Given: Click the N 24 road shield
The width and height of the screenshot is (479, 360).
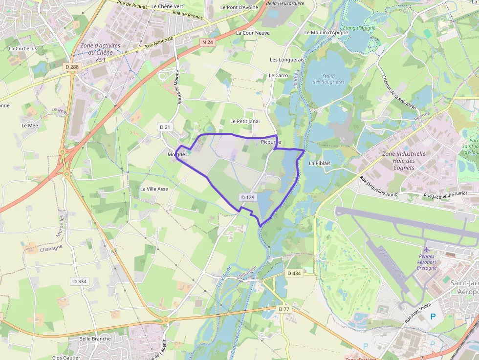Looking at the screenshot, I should (x=207, y=42).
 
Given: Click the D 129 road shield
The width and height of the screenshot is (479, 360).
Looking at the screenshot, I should (x=248, y=197).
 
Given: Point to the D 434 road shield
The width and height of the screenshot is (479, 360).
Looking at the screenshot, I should (x=294, y=274).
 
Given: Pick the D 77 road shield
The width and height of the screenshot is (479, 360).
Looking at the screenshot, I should (x=283, y=309).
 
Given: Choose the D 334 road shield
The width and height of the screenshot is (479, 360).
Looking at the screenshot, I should (x=79, y=281).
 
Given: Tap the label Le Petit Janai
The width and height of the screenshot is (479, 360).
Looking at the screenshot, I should (x=245, y=121).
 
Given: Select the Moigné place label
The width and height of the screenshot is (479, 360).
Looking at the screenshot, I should (x=176, y=154).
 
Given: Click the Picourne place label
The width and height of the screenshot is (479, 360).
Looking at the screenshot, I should (x=271, y=142).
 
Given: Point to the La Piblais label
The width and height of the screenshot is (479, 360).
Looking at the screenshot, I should (x=320, y=163).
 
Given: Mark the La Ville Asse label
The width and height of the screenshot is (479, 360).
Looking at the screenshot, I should (x=154, y=189).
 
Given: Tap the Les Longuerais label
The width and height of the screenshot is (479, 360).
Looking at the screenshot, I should (x=287, y=60).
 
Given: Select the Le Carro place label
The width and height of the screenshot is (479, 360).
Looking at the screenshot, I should (x=278, y=76).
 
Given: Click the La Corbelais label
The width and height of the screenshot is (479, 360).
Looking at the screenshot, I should (x=23, y=49).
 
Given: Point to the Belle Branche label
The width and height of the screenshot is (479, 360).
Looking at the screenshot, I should (x=95, y=339).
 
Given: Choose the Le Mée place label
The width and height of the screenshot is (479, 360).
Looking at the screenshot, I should (x=29, y=126).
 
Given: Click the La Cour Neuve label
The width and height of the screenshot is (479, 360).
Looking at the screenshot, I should (x=252, y=33).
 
